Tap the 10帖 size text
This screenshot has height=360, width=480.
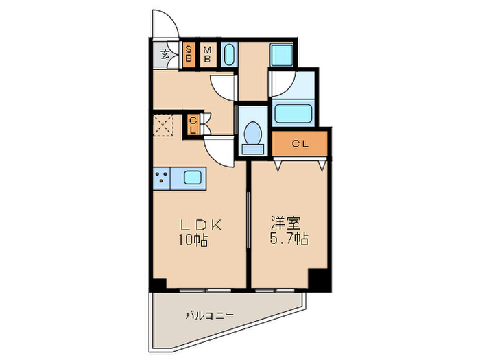[194, 241]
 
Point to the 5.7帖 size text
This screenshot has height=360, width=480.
[288, 240]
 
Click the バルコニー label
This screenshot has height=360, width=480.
[209, 315]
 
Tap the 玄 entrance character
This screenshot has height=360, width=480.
[165, 53]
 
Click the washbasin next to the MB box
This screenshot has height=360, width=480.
[228, 54]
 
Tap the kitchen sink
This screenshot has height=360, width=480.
[192, 178]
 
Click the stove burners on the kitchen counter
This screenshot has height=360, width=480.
[162, 178]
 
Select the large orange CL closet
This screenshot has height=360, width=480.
[300, 144]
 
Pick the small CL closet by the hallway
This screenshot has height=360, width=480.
[193, 124]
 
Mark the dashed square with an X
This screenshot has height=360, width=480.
[165, 125]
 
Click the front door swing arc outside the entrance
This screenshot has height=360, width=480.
[164, 25]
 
